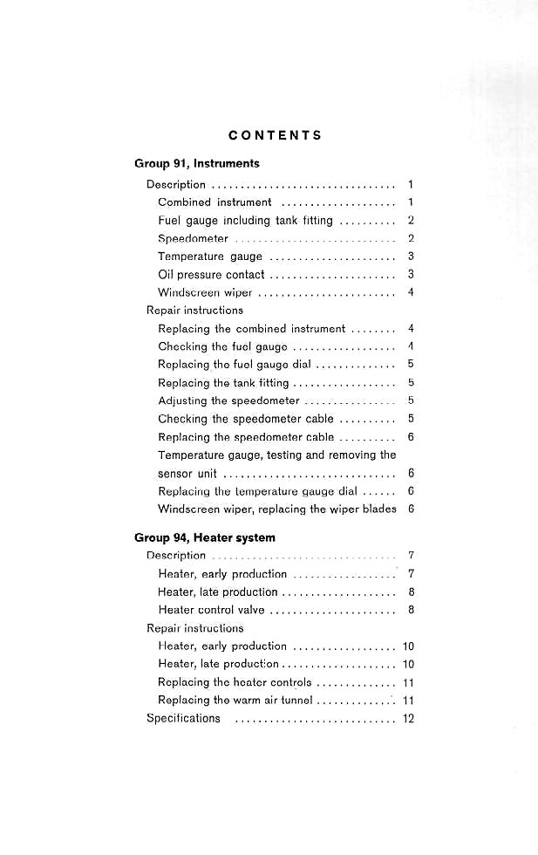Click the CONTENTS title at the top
(x=275, y=135)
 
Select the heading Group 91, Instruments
(x=196, y=163)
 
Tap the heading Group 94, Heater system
(x=204, y=537)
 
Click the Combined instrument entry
(x=215, y=202)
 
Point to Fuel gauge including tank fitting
(x=245, y=221)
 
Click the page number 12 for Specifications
(x=408, y=718)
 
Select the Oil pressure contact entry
(x=211, y=275)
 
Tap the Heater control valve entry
(x=211, y=610)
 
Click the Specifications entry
(x=183, y=718)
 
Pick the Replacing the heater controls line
(x=235, y=682)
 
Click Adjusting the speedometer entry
(x=228, y=400)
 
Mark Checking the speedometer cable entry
(x=246, y=419)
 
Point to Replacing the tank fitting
(x=223, y=382)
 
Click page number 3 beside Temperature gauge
(x=411, y=256)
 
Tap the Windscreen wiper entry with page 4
(x=205, y=292)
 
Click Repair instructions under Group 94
(x=194, y=627)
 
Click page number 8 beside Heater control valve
(x=411, y=610)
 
